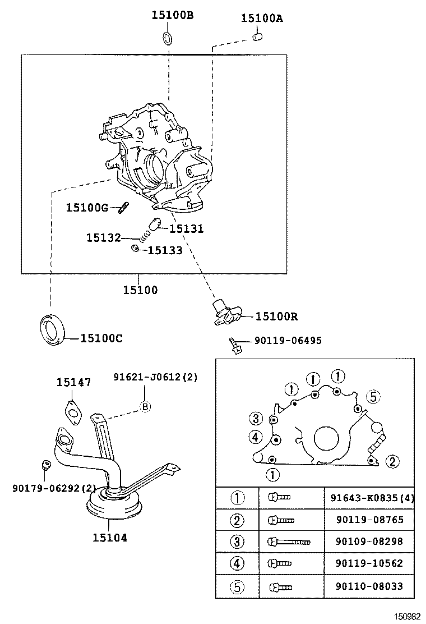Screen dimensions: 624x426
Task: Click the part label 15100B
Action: point(172,16)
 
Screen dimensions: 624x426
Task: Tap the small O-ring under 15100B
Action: point(168,38)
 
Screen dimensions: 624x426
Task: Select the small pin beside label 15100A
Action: point(257,37)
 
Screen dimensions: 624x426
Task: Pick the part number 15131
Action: point(186,229)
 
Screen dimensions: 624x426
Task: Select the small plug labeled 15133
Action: point(135,248)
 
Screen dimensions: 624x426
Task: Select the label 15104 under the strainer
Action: point(110,538)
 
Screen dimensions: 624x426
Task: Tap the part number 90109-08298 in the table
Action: point(369,541)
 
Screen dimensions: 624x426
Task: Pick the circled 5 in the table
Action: point(238,587)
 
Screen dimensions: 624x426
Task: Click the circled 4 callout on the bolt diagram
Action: point(255,437)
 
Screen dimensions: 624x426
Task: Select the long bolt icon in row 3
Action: point(290,542)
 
